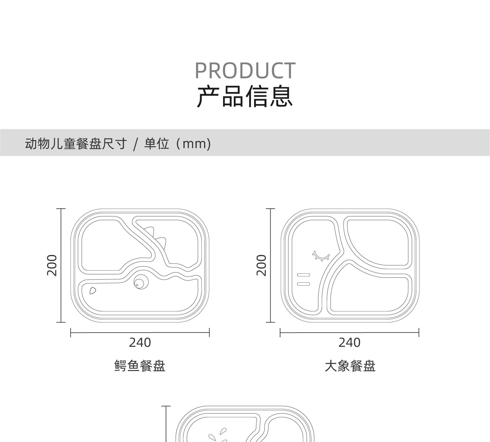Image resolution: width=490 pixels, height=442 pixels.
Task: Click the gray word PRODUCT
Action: pos(245,71)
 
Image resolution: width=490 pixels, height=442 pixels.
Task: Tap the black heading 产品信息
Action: pos(245,96)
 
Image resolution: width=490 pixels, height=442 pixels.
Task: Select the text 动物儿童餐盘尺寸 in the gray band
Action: pos(76,144)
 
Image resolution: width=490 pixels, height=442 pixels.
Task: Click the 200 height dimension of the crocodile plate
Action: pos(52,265)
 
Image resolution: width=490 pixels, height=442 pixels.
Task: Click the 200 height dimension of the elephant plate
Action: pos(262,265)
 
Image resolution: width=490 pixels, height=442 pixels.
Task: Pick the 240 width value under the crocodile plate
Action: pos(140,343)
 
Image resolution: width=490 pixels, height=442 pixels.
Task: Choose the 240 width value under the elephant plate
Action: pos(349,343)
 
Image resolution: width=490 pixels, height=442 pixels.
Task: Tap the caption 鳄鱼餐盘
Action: pos(140,366)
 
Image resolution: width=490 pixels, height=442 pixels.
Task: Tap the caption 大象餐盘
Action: pos(350,366)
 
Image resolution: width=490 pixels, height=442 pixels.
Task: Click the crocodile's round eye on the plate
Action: pos(141,282)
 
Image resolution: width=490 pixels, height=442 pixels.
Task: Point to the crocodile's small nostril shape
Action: pos(92,291)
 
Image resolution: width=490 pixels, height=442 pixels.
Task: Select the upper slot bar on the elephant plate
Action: pos(303,275)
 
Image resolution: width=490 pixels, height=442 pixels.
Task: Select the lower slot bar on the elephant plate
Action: pos(303,284)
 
